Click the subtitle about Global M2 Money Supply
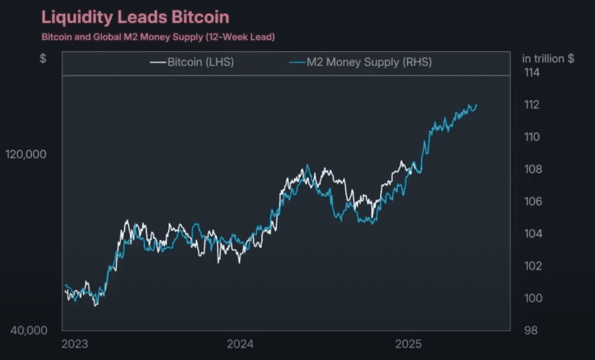(158, 36)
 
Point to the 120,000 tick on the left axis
(26, 154)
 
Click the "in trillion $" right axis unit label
(548, 58)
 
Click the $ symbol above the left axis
(43, 58)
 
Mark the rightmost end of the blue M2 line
(476, 105)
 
